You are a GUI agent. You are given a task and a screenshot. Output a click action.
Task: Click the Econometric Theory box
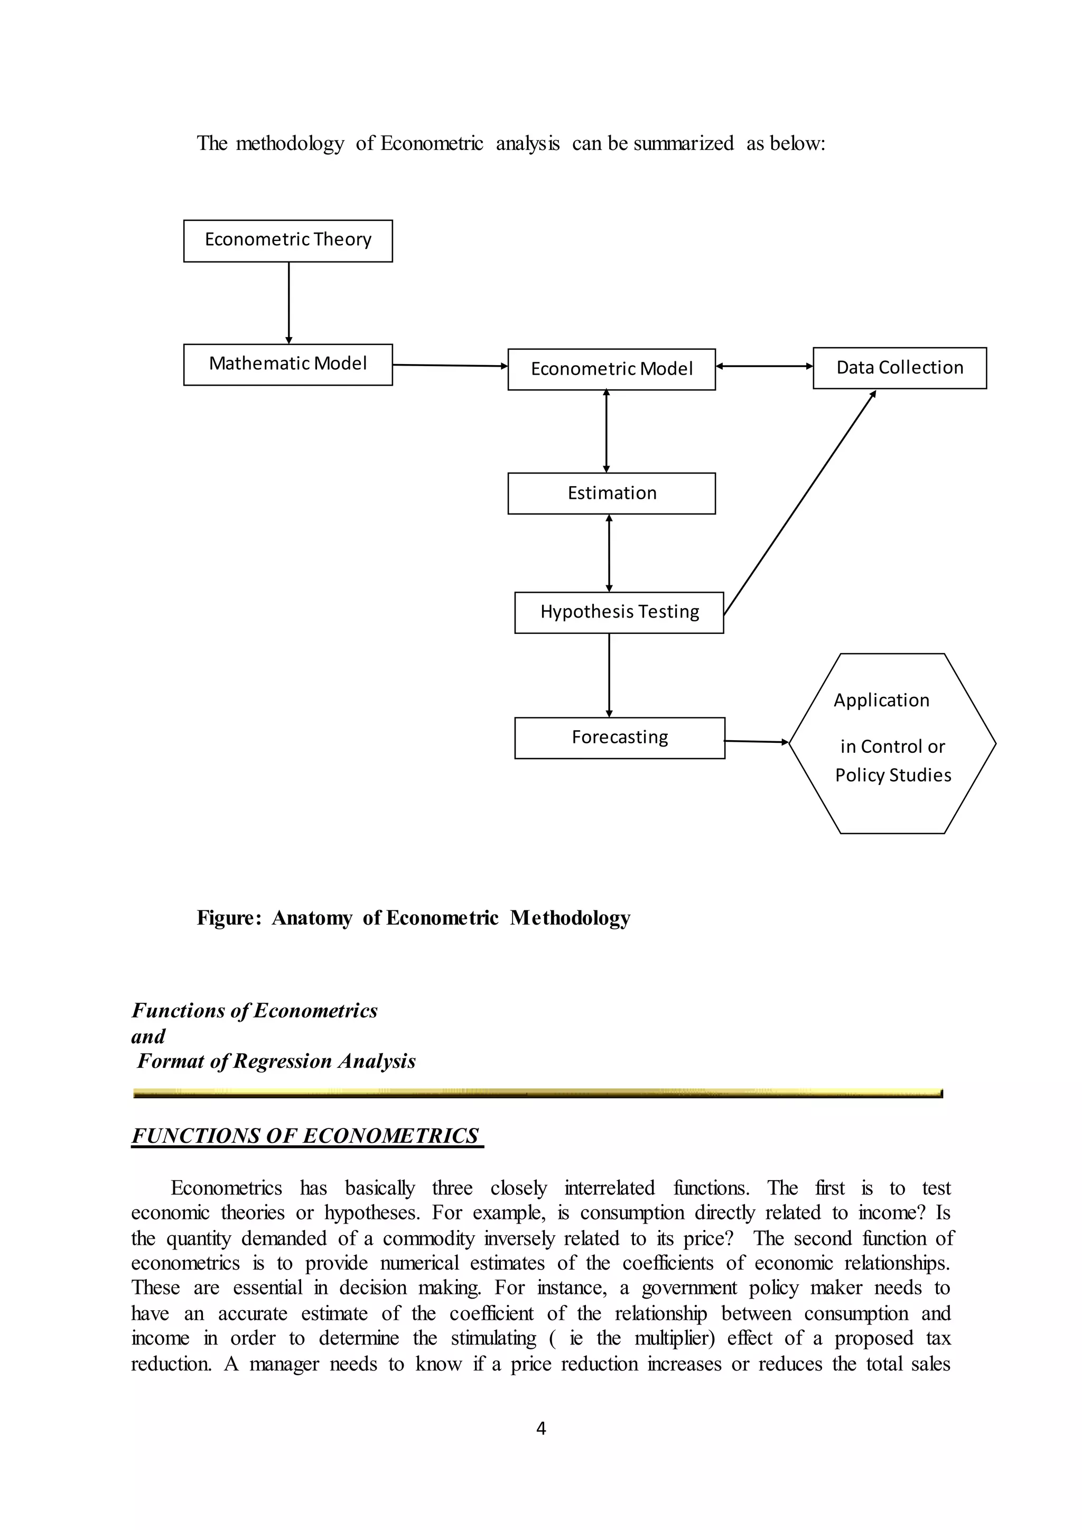288,240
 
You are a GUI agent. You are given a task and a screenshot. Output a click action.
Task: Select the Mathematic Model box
288,365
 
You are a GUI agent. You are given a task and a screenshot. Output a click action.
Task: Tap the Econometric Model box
611,369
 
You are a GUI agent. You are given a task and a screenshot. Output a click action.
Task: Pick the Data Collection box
899,368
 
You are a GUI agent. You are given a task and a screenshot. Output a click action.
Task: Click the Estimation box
611,493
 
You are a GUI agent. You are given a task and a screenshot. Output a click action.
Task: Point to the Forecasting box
619,738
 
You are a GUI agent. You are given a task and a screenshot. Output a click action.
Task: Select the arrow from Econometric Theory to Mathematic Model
288,303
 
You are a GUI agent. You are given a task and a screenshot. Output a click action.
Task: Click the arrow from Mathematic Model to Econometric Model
450,365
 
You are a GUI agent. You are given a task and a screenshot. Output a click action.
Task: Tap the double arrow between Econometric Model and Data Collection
763,366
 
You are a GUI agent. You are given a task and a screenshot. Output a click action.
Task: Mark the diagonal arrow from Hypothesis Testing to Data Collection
799,503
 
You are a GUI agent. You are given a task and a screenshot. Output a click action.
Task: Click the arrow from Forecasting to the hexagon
756,741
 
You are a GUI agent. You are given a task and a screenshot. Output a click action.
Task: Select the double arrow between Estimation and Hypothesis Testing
609,553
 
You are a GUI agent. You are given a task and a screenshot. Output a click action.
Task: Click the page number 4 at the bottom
541,1428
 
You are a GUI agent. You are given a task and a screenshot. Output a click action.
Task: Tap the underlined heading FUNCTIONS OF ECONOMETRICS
306,1135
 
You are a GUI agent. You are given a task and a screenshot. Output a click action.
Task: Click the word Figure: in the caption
229,918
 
